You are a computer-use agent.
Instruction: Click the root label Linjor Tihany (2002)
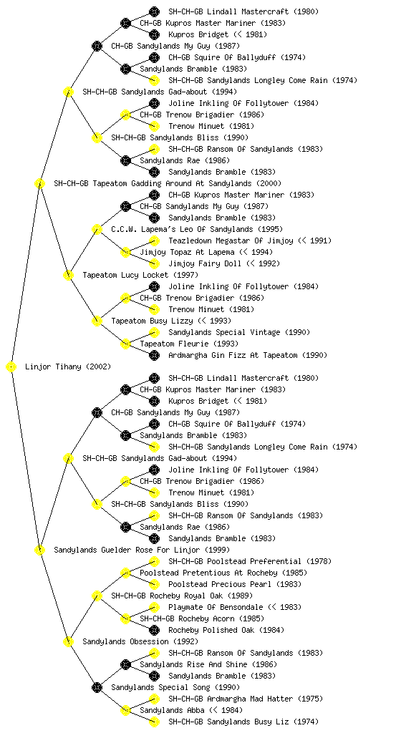(x=68, y=367)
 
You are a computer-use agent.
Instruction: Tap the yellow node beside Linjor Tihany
(x=11, y=367)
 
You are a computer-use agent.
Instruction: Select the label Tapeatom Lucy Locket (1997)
(x=140, y=276)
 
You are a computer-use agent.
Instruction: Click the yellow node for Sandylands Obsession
(x=68, y=642)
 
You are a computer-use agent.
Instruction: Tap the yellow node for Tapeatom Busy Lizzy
(x=97, y=321)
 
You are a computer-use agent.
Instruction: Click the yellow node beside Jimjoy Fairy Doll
(x=154, y=263)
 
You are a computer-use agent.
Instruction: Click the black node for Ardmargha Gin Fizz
(x=154, y=355)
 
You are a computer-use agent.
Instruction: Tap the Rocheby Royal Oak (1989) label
(x=182, y=596)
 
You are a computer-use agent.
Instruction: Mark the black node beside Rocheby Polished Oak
(x=154, y=630)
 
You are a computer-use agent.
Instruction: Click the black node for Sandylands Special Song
(x=97, y=688)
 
